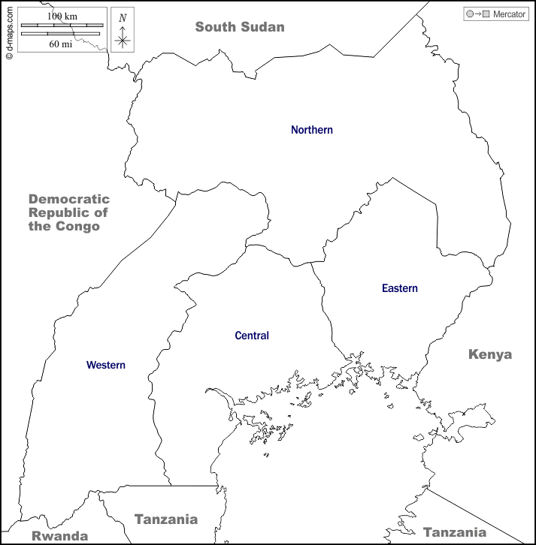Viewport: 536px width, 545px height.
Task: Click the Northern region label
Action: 311,130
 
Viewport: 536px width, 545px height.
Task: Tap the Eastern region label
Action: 399,288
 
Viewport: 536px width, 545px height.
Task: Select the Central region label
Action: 251,336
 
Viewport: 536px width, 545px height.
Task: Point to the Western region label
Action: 105,365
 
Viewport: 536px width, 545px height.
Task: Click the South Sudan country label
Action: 240,27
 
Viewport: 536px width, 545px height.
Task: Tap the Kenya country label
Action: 489,354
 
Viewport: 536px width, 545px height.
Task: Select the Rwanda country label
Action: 59,536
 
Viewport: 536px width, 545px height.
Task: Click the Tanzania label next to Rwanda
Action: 165,519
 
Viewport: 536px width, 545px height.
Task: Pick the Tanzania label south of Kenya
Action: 454,532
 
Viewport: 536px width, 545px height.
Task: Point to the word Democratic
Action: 69,199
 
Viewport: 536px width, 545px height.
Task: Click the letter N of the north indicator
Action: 123,18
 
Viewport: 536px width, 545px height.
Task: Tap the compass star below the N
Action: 123,39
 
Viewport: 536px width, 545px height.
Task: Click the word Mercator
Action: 509,14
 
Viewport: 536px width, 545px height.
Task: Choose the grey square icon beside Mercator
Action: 486,14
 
